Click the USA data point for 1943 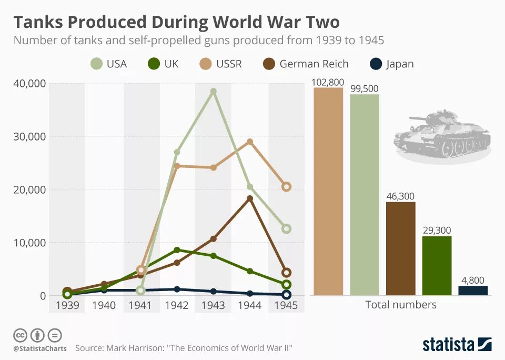(213, 92)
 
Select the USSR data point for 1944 (250, 142)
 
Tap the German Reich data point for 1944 (250, 198)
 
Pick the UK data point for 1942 (177, 250)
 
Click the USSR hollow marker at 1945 (286, 187)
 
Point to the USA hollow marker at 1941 (140, 290)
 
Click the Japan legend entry (391, 64)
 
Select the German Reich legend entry (305, 64)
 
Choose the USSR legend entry (220, 64)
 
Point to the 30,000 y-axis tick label (28, 136)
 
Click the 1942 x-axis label (177, 306)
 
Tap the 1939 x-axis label (67, 306)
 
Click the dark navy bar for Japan (473, 291)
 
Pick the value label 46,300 (400, 196)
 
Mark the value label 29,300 (437, 231)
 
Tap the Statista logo (457, 345)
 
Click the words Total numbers (401, 305)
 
